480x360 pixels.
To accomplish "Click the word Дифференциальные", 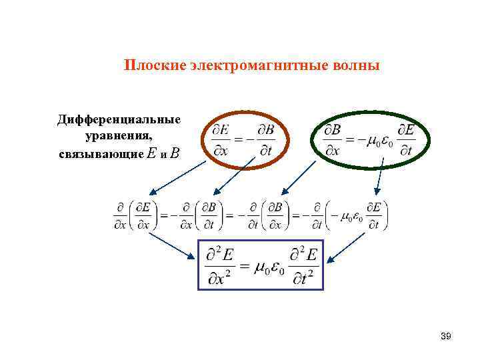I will (119, 119).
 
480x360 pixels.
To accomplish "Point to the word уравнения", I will (119, 136).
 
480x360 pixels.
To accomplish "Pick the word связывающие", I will (100, 153).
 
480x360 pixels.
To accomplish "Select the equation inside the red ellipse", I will (242, 139).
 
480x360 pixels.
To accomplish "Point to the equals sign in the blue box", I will (244, 266).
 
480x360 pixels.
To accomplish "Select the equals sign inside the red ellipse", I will (238, 140).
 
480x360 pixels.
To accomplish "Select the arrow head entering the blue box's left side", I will (196, 255).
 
